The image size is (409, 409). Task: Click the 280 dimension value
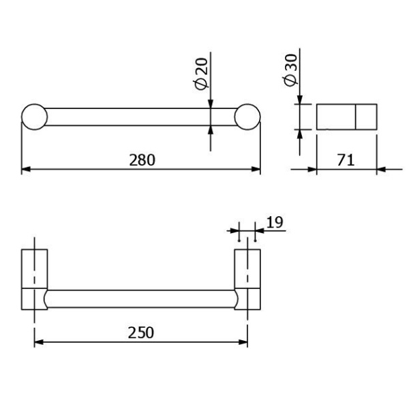point(142,160)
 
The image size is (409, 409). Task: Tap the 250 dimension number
point(141,333)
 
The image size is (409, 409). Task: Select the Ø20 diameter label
point(201,74)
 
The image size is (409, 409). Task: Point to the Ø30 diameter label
point(290,70)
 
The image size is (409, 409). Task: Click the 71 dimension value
point(346,160)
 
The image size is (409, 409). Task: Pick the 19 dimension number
point(275,222)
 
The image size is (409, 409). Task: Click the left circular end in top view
point(35,104)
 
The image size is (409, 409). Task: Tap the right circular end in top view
point(247,104)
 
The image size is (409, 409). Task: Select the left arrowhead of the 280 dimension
point(26,169)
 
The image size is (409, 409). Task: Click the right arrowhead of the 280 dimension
point(256,169)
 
